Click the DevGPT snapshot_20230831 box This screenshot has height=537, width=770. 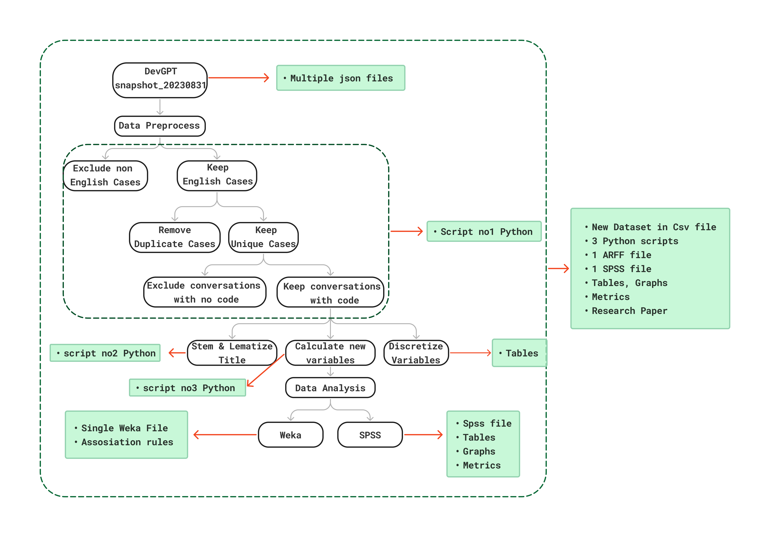point(160,80)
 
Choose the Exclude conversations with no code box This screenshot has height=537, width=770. point(205,292)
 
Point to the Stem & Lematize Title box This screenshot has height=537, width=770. point(232,353)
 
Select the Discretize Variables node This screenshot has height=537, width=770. point(416,353)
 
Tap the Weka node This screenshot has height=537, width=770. point(290,435)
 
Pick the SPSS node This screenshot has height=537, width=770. point(370,435)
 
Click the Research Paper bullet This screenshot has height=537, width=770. point(629,311)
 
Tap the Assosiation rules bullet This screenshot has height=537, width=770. point(127,442)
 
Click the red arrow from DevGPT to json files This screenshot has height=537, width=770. point(238,78)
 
